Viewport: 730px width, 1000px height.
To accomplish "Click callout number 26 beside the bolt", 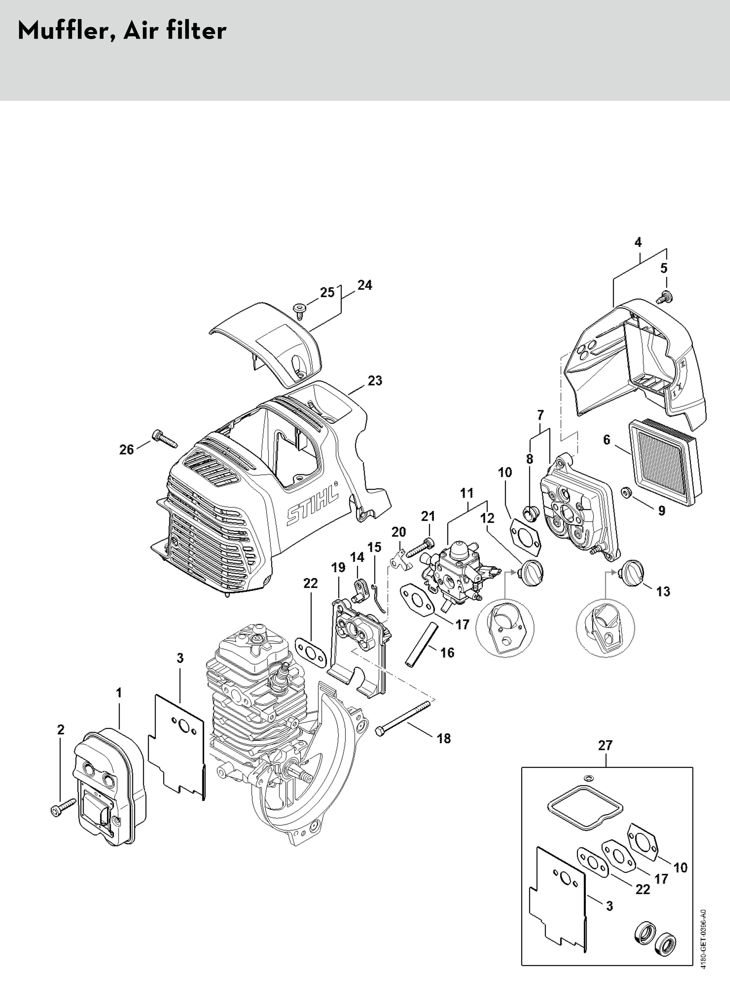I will point(126,450).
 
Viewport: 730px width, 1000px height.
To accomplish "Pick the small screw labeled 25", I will point(299,308).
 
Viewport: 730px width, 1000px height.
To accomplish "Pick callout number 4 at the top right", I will point(638,242).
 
